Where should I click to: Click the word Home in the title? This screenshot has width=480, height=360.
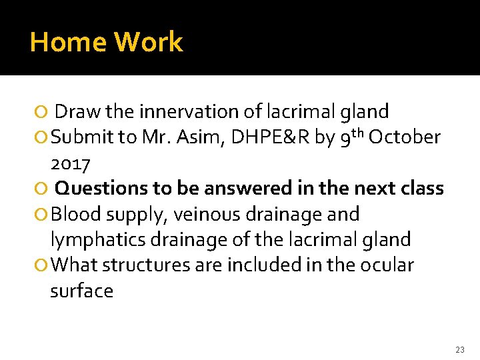(x=67, y=42)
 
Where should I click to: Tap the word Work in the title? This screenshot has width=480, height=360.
(x=147, y=42)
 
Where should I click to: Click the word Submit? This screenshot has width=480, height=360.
(x=81, y=137)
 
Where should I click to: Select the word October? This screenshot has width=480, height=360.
(x=405, y=137)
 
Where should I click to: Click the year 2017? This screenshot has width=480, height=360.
(x=71, y=163)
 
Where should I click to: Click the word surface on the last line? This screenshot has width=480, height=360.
(x=81, y=291)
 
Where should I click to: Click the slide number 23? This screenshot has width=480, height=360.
(x=459, y=349)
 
